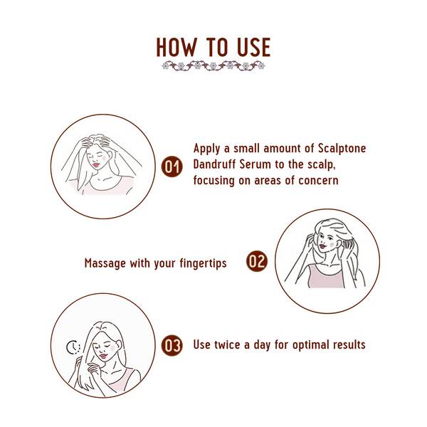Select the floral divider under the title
[213, 66]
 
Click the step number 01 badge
[172, 167]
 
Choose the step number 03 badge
[172, 346]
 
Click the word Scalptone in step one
[330, 149]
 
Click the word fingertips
[200, 263]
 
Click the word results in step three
[347, 345]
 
